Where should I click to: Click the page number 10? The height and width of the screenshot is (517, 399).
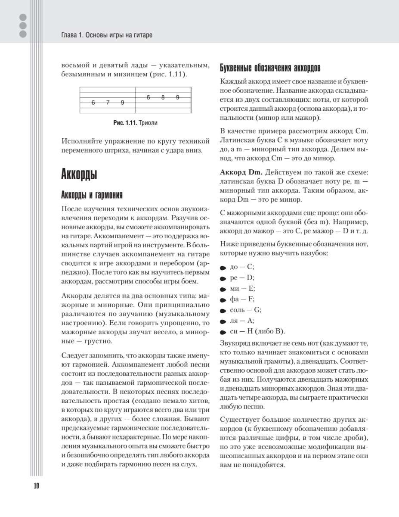click(x=36, y=486)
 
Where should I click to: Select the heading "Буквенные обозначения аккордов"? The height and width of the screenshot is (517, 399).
click(x=270, y=68)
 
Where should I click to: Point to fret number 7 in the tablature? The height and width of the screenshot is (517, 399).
click(x=108, y=103)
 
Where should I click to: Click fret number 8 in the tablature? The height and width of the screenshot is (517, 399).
click(x=163, y=97)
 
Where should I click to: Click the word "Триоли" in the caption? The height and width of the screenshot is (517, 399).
click(x=148, y=123)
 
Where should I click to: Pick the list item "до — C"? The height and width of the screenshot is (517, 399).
click(x=242, y=267)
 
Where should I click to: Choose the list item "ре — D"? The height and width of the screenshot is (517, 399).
click(x=242, y=277)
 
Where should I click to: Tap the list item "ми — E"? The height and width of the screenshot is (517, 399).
click(x=243, y=288)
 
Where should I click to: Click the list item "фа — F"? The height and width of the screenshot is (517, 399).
click(x=243, y=299)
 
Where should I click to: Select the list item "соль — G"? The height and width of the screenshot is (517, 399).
click(x=246, y=310)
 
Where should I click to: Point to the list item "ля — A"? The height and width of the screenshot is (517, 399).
click(x=242, y=321)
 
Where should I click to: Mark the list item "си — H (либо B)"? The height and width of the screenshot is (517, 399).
click(x=257, y=331)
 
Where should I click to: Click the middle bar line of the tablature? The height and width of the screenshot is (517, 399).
click(x=136, y=100)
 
